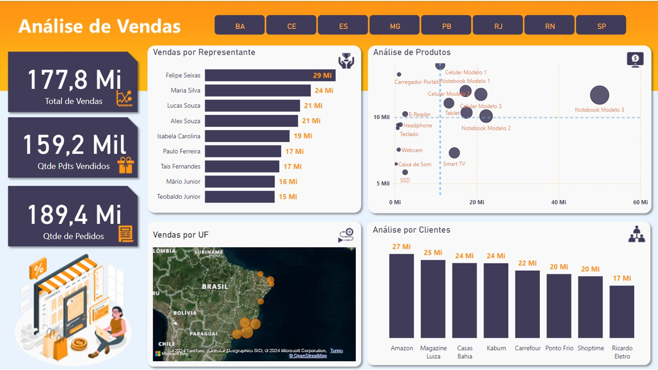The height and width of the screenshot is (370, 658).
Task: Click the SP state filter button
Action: click(x=601, y=25)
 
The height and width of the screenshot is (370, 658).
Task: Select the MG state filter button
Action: click(x=394, y=25)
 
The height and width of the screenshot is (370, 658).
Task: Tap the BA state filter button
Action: click(x=240, y=25)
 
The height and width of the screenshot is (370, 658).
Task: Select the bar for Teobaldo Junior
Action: click(x=240, y=196)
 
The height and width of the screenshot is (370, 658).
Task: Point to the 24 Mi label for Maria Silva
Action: click(x=324, y=90)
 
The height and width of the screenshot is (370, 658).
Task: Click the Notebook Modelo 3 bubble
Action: click(x=599, y=95)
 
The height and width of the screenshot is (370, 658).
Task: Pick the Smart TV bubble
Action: click(x=454, y=153)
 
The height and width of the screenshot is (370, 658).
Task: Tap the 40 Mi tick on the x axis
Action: click(x=558, y=202)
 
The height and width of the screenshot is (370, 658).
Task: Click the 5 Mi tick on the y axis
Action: click(x=382, y=183)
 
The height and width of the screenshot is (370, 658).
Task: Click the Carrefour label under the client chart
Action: click(x=527, y=348)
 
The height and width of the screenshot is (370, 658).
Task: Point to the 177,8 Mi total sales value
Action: click(x=74, y=80)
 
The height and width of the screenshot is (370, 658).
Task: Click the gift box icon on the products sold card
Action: click(x=125, y=165)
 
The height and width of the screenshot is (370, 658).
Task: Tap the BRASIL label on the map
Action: click(x=215, y=286)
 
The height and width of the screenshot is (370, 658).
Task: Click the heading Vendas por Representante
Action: click(x=204, y=52)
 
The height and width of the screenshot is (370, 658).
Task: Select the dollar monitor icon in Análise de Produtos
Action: click(x=635, y=60)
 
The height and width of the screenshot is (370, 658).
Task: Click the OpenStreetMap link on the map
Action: click(x=307, y=356)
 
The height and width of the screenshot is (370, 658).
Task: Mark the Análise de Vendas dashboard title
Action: click(x=100, y=26)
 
